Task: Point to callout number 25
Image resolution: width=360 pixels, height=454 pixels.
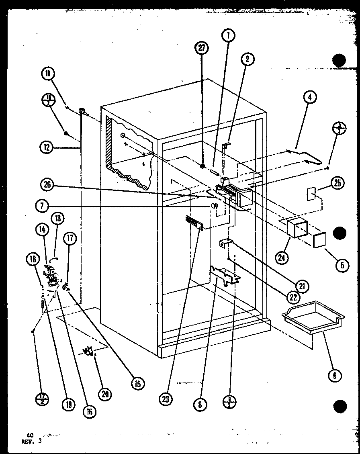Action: pos(337,183)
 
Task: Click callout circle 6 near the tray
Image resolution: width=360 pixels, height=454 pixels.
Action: pos(334,375)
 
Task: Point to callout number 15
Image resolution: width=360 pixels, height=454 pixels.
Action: pos(137,383)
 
